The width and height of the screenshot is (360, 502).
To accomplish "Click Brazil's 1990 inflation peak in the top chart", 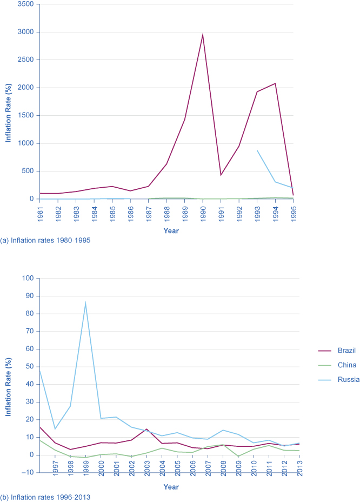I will (x=203, y=35).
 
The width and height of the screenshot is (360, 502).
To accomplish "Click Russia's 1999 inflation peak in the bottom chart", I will (x=85, y=303).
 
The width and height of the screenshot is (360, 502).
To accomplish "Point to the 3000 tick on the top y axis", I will (x=25, y=32).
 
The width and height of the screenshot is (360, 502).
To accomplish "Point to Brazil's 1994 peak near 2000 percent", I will (x=275, y=83).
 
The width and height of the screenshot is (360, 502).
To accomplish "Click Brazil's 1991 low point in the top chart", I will (x=221, y=175).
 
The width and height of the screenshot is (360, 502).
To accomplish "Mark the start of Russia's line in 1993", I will (x=257, y=150).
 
